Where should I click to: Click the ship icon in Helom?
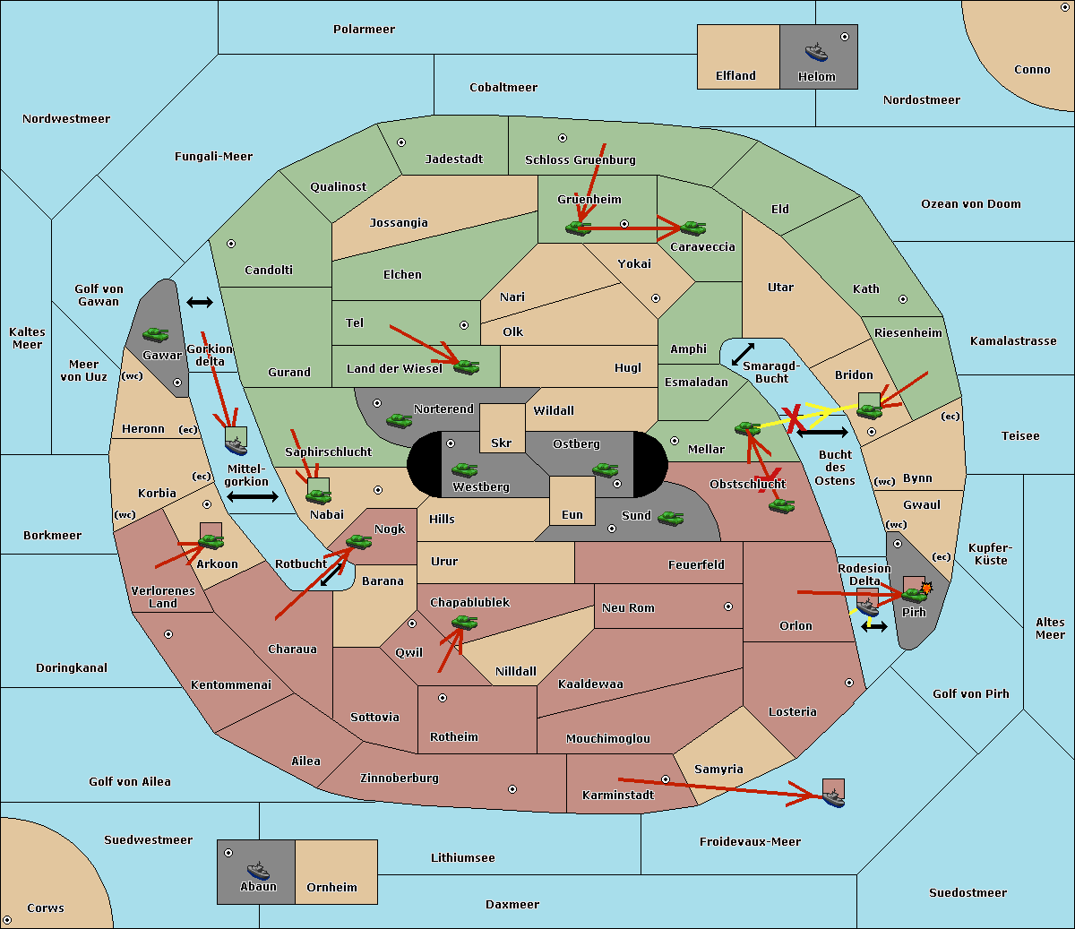click(816, 52)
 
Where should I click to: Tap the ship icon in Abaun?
click(259, 870)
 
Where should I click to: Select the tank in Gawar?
click(156, 335)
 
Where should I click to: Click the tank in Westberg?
click(464, 470)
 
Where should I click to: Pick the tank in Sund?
click(670, 519)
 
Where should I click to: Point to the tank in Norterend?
click(399, 421)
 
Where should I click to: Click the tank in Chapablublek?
click(464, 622)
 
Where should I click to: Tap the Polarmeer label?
click(364, 30)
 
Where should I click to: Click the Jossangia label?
click(399, 223)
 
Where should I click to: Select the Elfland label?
click(735, 76)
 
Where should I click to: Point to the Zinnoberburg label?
click(400, 778)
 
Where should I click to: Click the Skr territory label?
click(502, 443)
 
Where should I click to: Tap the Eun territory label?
click(572, 514)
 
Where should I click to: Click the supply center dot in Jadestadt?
click(401, 142)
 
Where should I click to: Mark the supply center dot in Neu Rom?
click(728, 606)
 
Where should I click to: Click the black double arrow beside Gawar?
click(200, 302)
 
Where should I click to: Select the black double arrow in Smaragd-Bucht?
click(743, 354)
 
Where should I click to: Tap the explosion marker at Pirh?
click(926, 589)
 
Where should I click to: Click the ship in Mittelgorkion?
click(236, 447)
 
